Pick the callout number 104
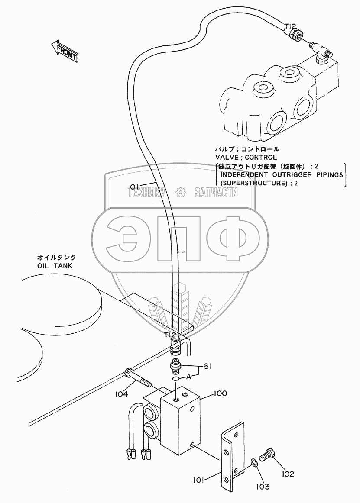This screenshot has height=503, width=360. click(x=122, y=394)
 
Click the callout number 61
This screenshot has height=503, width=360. click(x=207, y=367)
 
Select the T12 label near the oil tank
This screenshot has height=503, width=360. click(x=170, y=335)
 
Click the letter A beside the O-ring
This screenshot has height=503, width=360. click(x=189, y=376)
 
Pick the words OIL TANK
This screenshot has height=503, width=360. click(x=55, y=266)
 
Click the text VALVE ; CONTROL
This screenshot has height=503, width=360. click(x=246, y=157)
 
